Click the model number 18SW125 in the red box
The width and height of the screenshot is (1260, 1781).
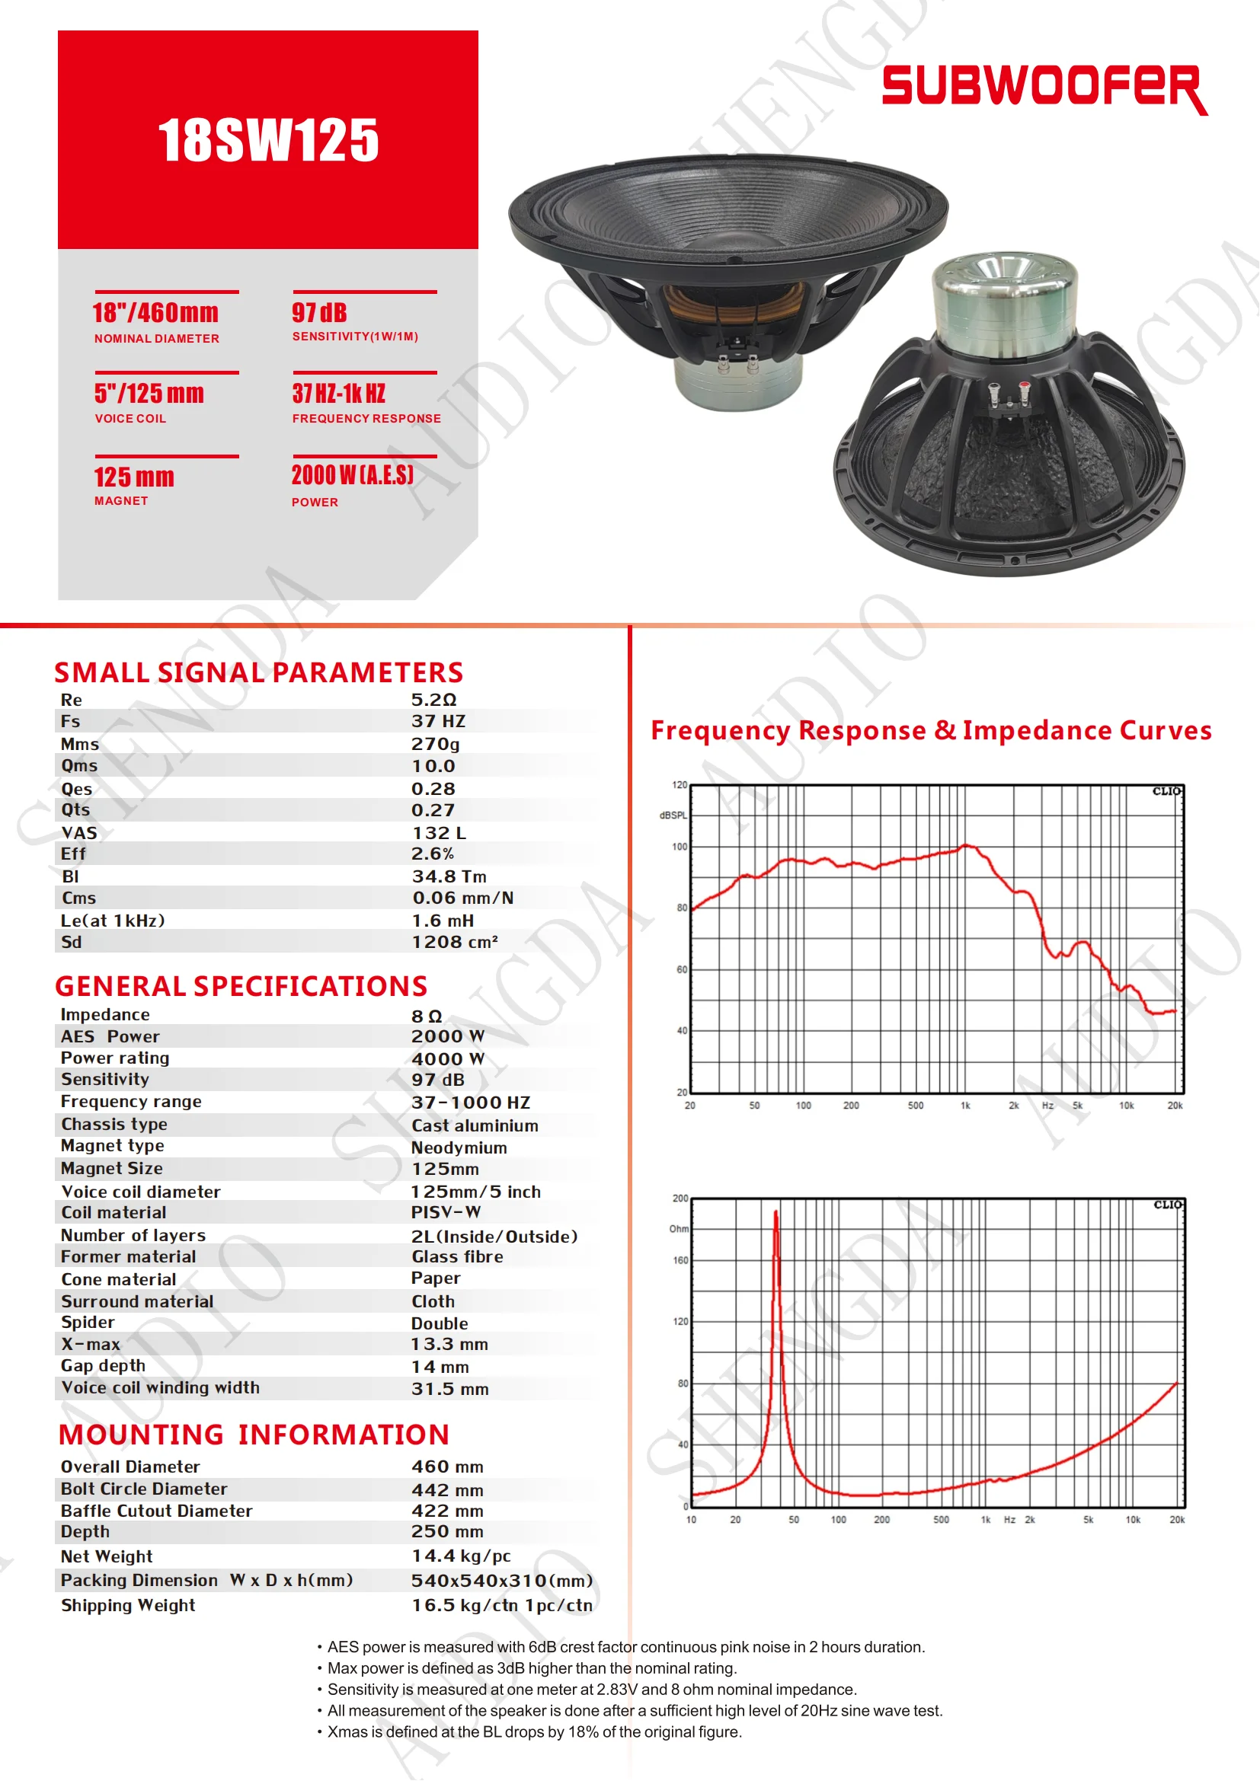click(268, 140)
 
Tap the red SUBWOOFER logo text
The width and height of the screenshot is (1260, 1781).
click(1044, 87)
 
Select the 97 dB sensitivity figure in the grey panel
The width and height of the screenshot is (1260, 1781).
click(320, 314)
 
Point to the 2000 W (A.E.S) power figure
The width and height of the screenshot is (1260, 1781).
click(352, 474)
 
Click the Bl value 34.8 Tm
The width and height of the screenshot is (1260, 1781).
click(449, 876)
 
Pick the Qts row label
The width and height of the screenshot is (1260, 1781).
click(76, 810)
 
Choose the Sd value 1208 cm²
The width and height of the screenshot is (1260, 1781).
click(455, 942)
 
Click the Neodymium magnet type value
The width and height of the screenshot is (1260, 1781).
click(459, 1147)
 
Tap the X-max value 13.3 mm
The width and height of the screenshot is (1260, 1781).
click(450, 1344)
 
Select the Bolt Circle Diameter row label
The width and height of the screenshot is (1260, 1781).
click(144, 1489)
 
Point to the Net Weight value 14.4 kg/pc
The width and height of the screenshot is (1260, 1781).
click(461, 1556)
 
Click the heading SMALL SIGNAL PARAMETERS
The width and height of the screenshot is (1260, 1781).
click(258, 672)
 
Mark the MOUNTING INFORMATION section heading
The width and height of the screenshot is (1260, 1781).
click(254, 1435)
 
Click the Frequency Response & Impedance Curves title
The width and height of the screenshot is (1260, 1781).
click(931, 731)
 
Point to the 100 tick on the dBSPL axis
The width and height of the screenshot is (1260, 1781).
click(680, 847)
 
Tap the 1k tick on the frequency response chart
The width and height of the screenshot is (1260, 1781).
click(965, 1106)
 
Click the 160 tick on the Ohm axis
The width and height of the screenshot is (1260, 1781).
click(680, 1260)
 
